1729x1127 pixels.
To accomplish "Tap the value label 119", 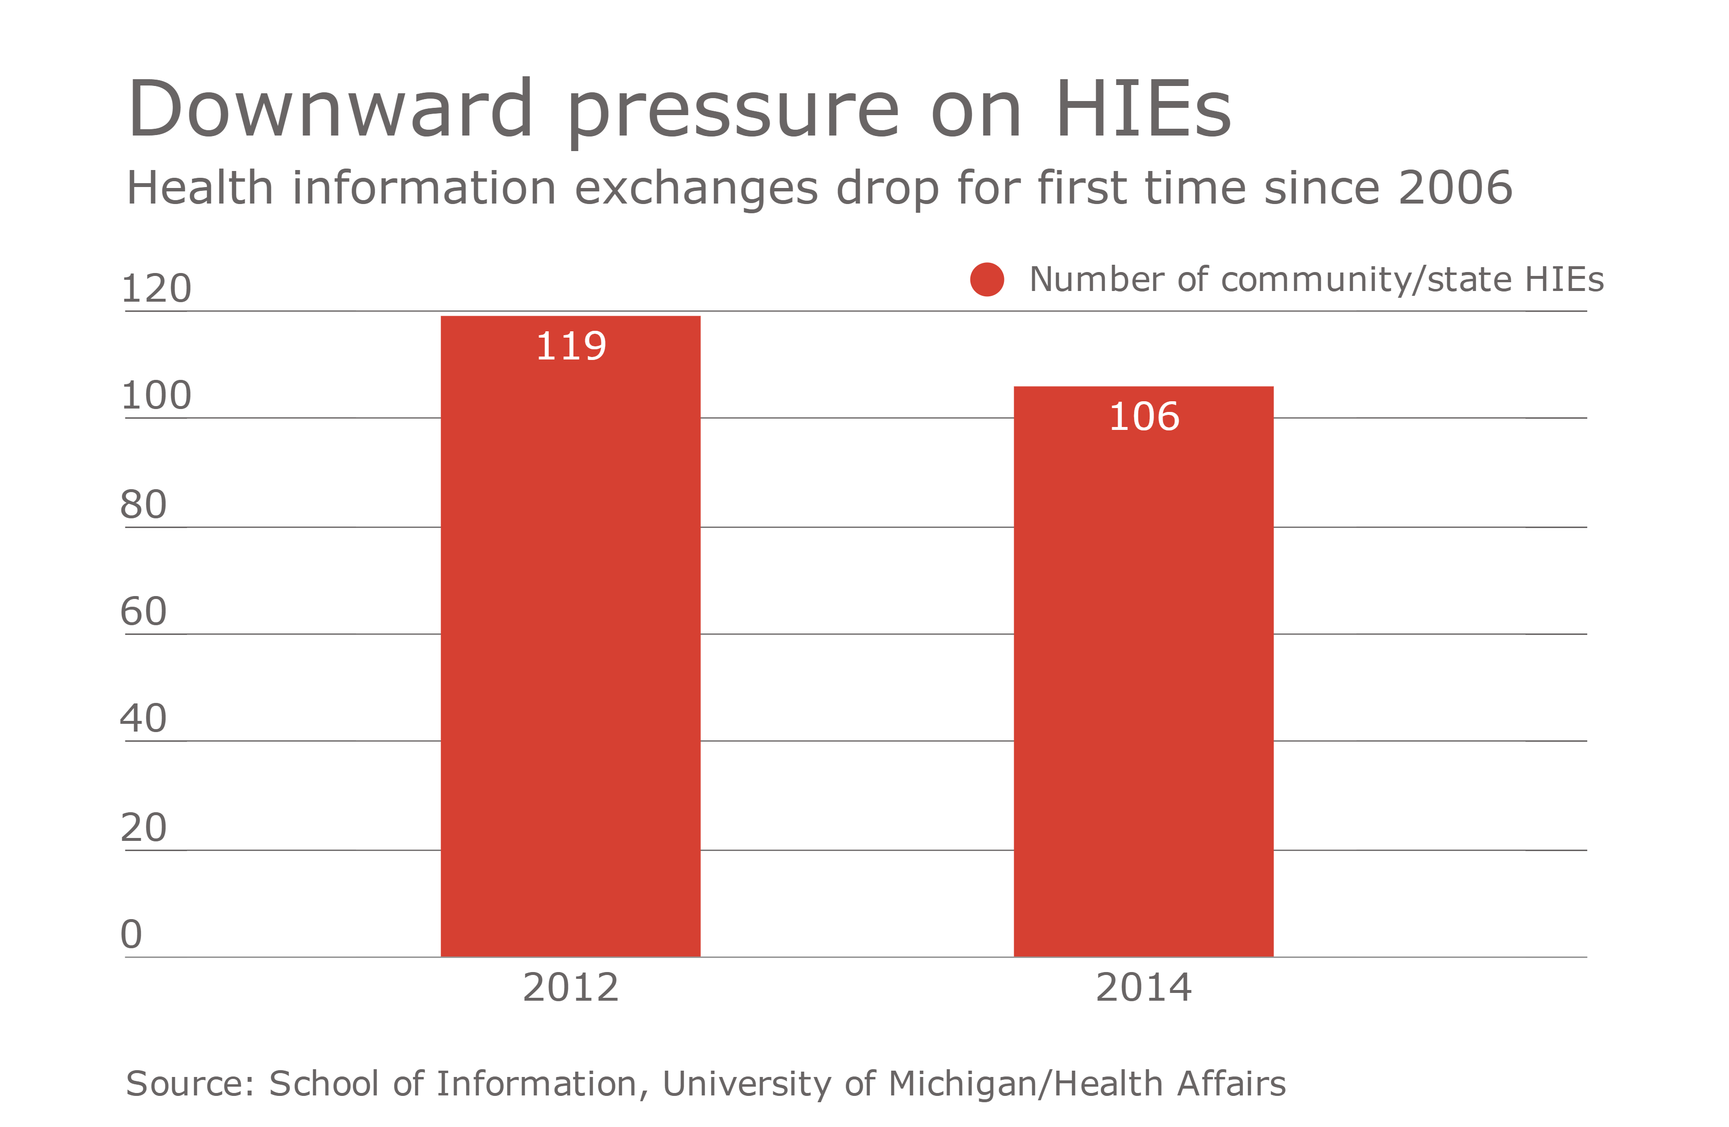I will pos(571,346).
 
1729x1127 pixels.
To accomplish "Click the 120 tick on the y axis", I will pos(156,289).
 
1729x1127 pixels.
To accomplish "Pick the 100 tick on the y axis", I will pos(156,395).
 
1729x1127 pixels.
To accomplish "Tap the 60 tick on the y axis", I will pos(144,611).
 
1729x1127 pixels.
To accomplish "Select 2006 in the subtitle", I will pos(1455,188).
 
